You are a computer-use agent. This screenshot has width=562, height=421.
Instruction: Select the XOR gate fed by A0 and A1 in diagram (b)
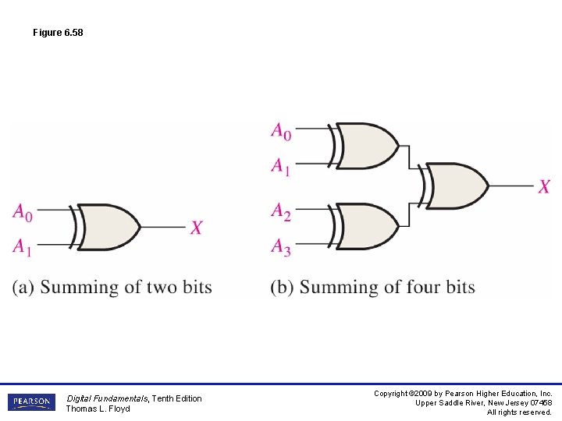click(365, 146)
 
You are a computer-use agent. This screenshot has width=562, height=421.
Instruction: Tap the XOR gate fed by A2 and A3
click(365, 226)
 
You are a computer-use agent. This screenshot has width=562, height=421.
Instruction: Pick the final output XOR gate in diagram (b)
click(456, 186)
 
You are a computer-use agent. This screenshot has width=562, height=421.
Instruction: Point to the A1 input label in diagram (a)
click(23, 246)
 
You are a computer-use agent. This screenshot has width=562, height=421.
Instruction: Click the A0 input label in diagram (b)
click(281, 131)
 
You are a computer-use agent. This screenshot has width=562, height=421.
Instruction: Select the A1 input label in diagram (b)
click(281, 165)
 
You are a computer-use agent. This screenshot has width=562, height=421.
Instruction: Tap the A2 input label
click(281, 210)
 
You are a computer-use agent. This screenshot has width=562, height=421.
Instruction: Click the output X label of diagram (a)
click(197, 227)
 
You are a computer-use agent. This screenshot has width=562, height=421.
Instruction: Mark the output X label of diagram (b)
click(544, 186)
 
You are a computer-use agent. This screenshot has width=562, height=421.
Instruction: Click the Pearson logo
click(31, 402)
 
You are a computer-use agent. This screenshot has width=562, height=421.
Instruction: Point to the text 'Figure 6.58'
click(58, 33)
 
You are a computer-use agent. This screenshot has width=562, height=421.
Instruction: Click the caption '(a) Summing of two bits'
click(112, 287)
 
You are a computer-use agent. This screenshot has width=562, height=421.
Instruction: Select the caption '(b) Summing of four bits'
click(373, 287)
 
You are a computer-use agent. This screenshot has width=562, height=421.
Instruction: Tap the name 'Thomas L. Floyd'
click(98, 409)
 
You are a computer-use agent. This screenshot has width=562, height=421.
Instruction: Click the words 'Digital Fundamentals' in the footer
click(105, 398)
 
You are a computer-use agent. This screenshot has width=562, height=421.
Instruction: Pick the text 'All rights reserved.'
click(519, 412)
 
